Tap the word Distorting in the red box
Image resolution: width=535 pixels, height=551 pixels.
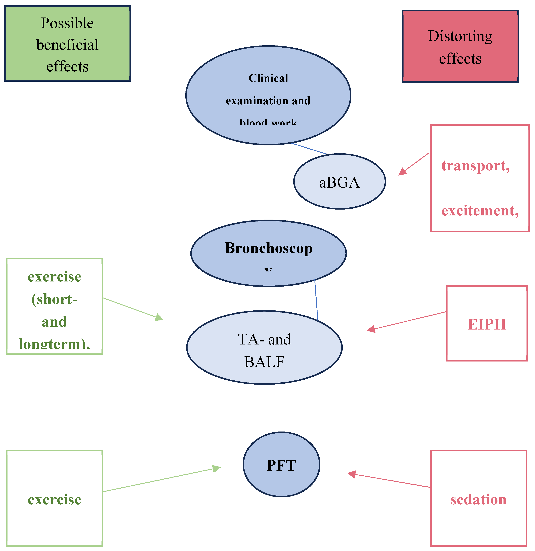coord(460,36)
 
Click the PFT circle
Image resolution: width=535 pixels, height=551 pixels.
coord(281,465)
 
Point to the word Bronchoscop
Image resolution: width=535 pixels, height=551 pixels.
coord(269,248)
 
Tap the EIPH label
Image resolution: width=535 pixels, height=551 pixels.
coord(487,324)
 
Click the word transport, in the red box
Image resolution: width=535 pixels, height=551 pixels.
coord(475,166)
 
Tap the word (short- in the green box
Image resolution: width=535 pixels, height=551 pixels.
coord(54,299)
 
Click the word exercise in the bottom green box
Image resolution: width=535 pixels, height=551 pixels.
coord(54,500)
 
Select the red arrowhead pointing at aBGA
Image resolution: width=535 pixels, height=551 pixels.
coord(403,172)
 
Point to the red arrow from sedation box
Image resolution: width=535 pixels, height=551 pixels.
coord(391,481)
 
